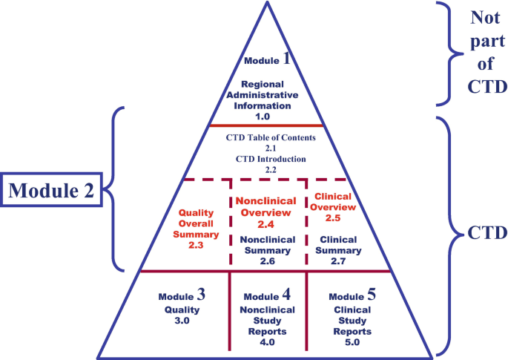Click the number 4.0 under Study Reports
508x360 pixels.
(x=266, y=343)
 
